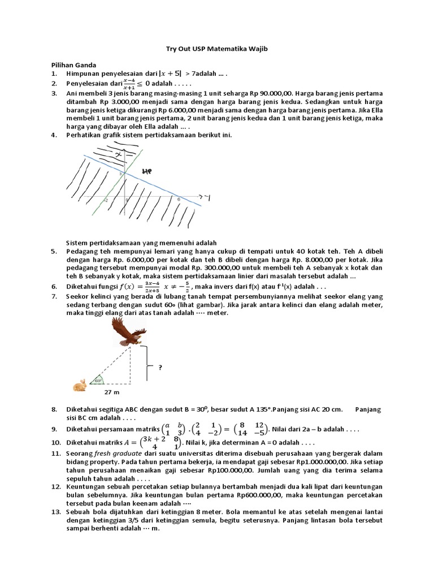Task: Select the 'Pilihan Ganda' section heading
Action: [74, 66]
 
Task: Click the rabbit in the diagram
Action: [80, 386]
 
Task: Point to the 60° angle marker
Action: [98, 381]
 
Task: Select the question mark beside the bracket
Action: [160, 367]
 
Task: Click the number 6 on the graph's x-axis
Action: [179, 199]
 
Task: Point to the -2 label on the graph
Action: [105, 200]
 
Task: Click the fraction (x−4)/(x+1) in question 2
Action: [130, 84]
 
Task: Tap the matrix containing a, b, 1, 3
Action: [173, 429]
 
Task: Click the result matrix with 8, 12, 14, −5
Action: [252, 429]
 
